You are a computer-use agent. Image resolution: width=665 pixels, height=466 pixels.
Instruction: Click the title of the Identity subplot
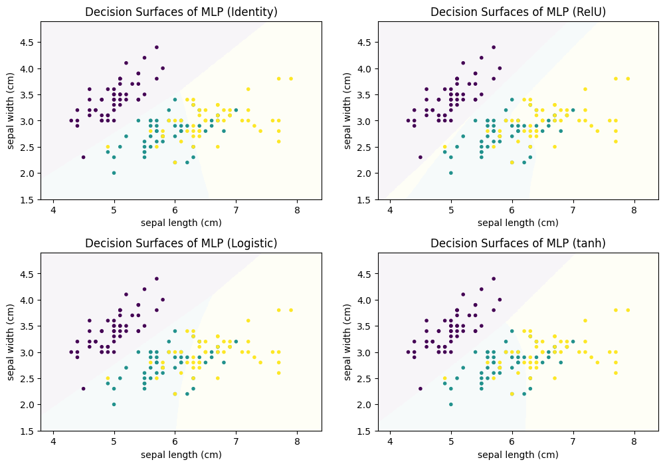[181, 12]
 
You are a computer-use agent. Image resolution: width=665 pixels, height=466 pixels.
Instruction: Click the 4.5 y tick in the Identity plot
[29, 43]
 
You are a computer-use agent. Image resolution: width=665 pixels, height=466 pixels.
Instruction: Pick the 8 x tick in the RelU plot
[634, 209]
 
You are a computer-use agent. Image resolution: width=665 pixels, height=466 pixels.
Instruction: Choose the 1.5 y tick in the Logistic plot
[29, 431]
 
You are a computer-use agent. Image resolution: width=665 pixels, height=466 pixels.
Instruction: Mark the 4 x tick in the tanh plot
[390, 441]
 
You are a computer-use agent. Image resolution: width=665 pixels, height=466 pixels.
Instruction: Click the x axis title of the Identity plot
[181, 223]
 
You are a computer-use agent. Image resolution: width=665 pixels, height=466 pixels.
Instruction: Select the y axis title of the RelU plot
[347, 111]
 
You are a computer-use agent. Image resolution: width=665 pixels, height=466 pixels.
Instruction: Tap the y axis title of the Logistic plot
[11, 342]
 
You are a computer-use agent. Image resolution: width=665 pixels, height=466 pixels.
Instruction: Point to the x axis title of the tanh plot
[518, 455]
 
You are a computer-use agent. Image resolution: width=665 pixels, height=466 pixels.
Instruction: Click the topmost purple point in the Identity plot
[157, 47]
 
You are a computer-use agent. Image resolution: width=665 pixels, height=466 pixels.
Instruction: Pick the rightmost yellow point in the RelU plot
[628, 78]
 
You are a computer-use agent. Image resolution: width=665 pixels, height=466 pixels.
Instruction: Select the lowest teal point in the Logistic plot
[114, 404]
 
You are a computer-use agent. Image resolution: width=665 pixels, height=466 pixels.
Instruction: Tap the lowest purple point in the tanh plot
[421, 389]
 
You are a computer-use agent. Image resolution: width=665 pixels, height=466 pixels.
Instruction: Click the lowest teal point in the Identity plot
[114, 173]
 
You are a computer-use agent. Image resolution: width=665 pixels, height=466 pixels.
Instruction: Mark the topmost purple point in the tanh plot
[493, 279]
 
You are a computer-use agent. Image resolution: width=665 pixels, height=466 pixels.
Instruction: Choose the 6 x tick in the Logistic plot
[175, 441]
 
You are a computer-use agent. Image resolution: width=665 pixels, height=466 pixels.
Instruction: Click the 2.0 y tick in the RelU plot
[365, 174]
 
